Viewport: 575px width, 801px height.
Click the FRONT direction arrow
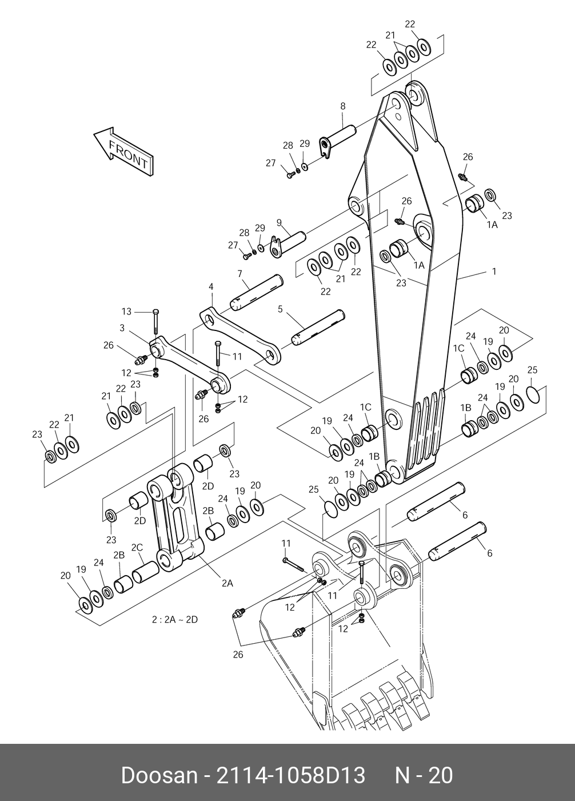pyautogui.click(x=123, y=151)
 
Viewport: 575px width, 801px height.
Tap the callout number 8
pyautogui.click(x=343, y=106)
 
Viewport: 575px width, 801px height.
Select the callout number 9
pyautogui.click(x=279, y=222)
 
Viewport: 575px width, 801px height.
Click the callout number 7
pyautogui.click(x=240, y=274)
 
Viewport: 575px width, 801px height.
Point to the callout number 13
pyautogui.click(x=126, y=312)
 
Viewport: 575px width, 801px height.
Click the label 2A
pyautogui.click(x=227, y=583)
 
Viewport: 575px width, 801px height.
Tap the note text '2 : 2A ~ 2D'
pyautogui.click(x=174, y=620)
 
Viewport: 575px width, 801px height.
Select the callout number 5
pyautogui.click(x=280, y=309)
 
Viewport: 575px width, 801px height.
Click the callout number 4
pyautogui.click(x=211, y=286)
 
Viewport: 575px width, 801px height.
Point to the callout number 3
pyautogui.click(x=122, y=328)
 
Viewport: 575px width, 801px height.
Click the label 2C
pyautogui.click(x=137, y=548)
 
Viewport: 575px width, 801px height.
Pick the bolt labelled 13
pyautogui.click(x=155, y=321)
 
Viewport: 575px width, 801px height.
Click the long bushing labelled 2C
pyautogui.click(x=146, y=572)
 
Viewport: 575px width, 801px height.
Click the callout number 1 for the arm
pyautogui.click(x=494, y=272)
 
